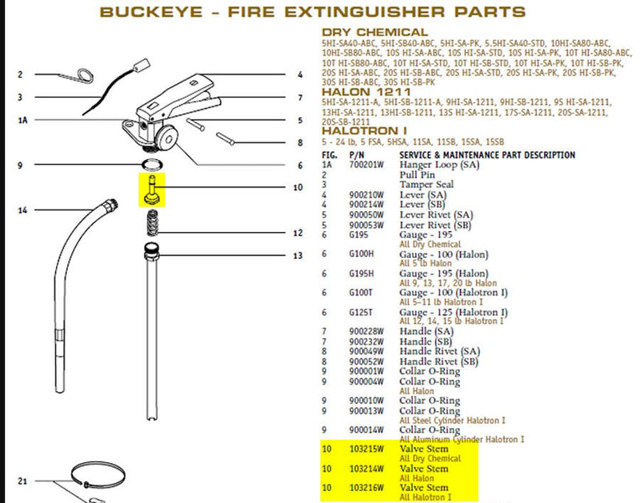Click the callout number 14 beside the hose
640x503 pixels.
[22, 211]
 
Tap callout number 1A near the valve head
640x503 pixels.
[23, 120]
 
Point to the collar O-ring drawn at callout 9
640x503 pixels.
[150, 165]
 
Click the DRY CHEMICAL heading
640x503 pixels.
[374, 32]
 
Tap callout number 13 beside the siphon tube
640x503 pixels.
[298, 256]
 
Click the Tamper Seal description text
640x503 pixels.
[426, 185]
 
